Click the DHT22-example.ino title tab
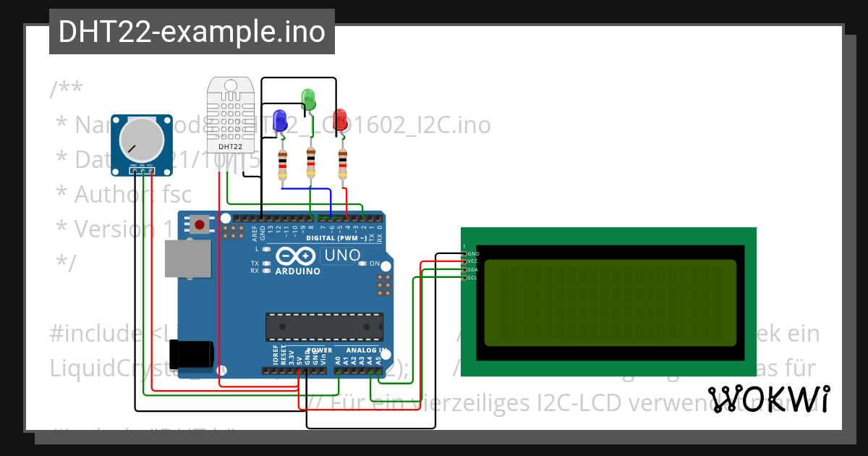pyautogui.click(x=192, y=32)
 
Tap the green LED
pyautogui.click(x=308, y=98)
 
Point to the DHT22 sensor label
pyautogui.click(x=230, y=147)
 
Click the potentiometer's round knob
pyautogui.click(x=140, y=140)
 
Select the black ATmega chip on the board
pyautogui.click(x=323, y=326)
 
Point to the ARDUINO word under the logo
pyautogui.click(x=297, y=271)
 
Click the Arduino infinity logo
pyautogui.click(x=295, y=256)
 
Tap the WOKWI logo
pyautogui.click(x=768, y=398)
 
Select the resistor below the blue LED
pyautogui.click(x=282, y=164)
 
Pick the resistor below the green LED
pyautogui.click(x=311, y=162)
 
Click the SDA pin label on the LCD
pyautogui.click(x=473, y=269)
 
